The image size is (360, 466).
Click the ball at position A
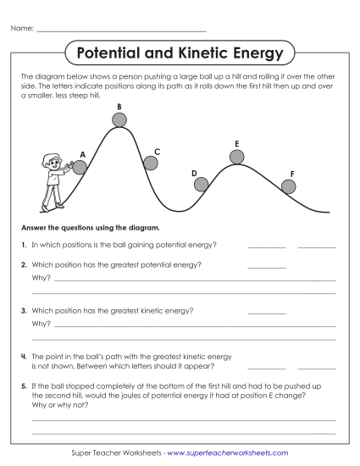point(80,167)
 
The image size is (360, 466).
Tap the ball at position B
point(119,119)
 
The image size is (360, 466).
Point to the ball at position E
point(237,156)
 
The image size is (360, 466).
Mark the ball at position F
point(289,186)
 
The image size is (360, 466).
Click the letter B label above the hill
point(119,106)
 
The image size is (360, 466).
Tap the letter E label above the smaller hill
point(237,143)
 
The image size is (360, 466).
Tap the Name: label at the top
point(22,30)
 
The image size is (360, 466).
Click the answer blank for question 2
point(267,267)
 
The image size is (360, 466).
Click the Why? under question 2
point(41,277)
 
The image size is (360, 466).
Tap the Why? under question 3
point(41,323)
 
